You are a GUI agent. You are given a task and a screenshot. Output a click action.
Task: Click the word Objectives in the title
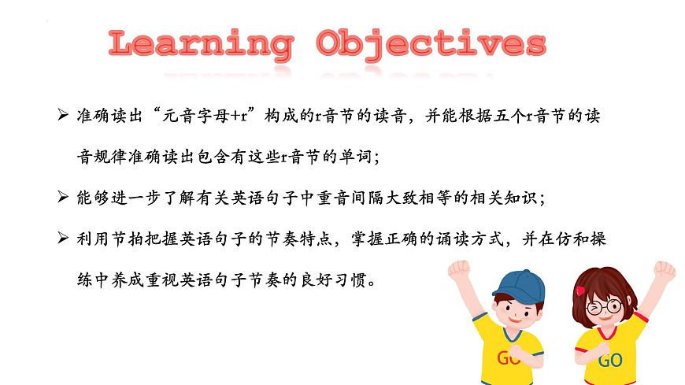(x=430, y=45)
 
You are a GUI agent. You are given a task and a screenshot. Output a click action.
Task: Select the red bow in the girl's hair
(x=581, y=291)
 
